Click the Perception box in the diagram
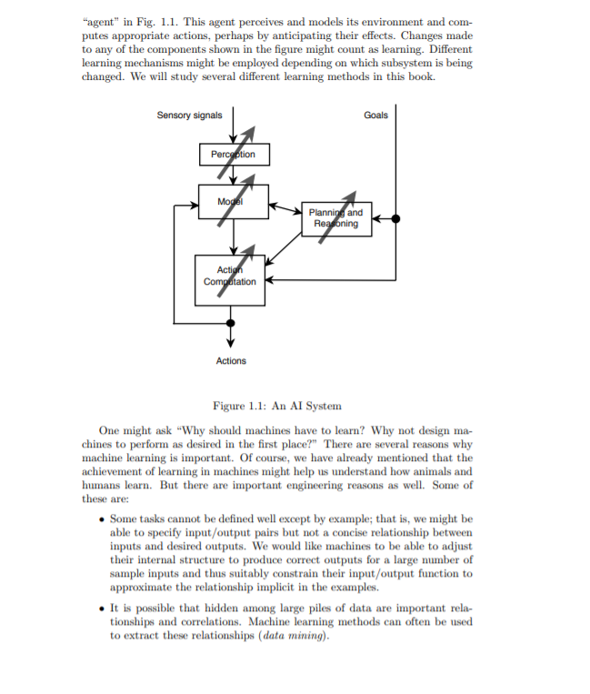click(233, 155)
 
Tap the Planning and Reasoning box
click(335, 218)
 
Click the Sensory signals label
click(189, 116)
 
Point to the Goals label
click(375, 116)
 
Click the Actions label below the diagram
click(231, 361)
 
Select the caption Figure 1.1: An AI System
click(276, 406)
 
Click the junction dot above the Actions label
click(231, 322)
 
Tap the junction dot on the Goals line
click(395, 218)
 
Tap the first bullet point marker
click(101, 519)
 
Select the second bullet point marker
click(101, 608)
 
